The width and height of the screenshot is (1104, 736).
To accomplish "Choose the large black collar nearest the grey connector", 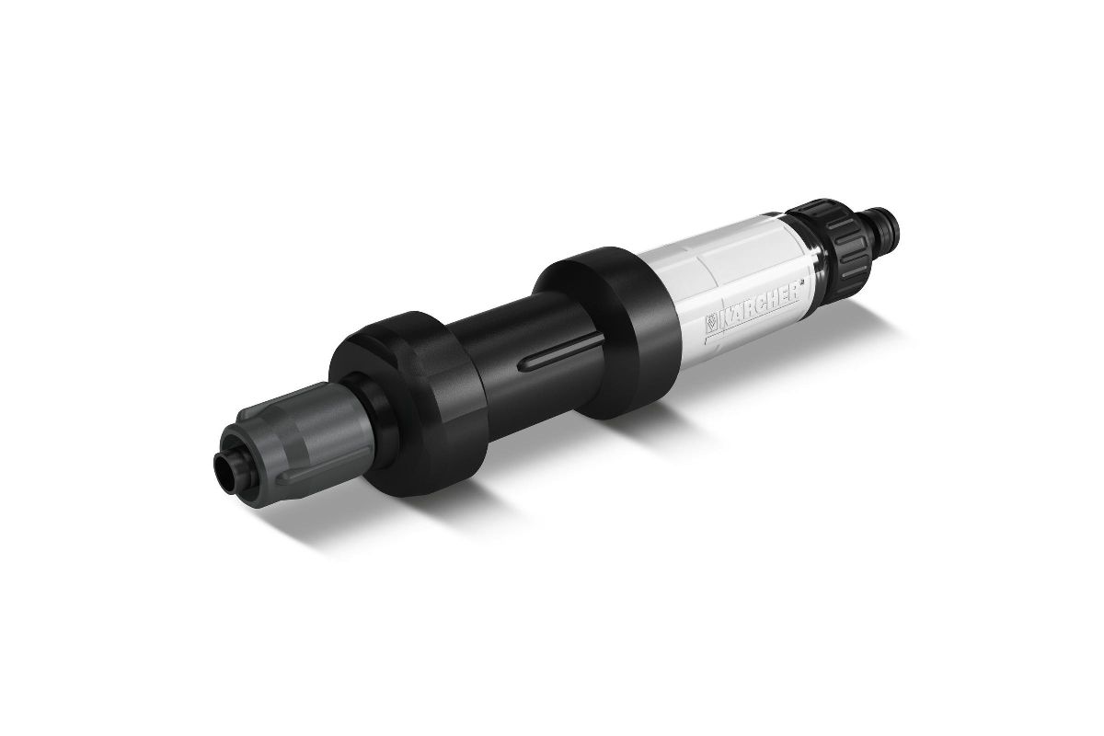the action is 409,403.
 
